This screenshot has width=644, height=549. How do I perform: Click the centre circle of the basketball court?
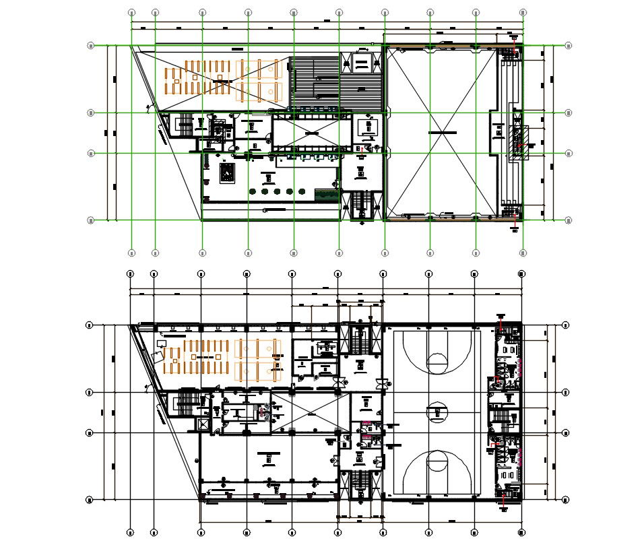(x=437, y=411)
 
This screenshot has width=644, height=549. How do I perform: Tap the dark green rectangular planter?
(x=326, y=195)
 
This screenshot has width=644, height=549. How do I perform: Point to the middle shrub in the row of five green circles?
(x=278, y=192)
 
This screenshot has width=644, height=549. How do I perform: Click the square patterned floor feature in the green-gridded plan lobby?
(x=228, y=174)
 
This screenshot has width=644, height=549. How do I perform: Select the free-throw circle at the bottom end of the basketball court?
(x=437, y=462)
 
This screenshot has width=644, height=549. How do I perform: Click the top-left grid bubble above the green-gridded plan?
(x=132, y=12)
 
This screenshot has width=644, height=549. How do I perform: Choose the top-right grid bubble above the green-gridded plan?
(x=523, y=12)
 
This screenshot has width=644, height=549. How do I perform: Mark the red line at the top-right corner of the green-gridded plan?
(x=515, y=47)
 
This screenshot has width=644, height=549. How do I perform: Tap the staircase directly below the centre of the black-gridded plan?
(x=360, y=484)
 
